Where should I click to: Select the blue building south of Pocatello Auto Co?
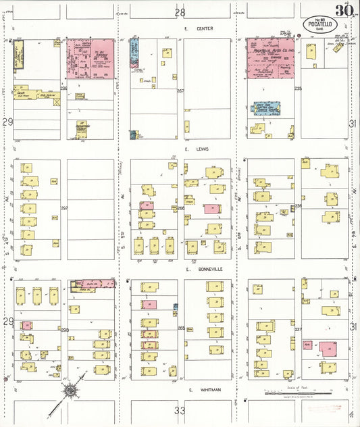tap(267, 108)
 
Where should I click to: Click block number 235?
tap(297, 89)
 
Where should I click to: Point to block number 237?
tap(297, 329)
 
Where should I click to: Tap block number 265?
tap(180, 328)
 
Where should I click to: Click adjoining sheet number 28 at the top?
tap(180, 12)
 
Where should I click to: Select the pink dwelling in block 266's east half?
tap(211, 209)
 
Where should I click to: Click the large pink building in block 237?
tap(328, 349)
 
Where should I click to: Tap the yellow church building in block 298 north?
tap(81, 127)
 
